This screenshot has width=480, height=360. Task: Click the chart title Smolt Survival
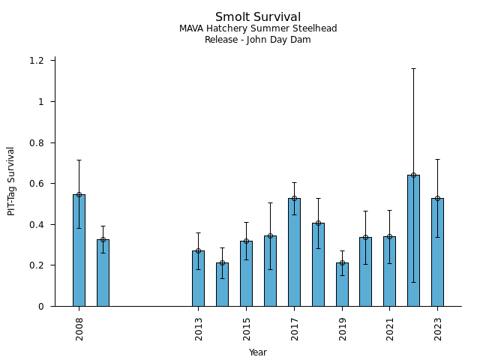pyautogui.click(x=258, y=17)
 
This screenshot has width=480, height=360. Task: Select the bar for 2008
pyautogui.click(x=79, y=250)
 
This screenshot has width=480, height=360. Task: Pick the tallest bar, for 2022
pyautogui.click(x=413, y=241)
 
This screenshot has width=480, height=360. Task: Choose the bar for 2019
pyautogui.click(x=342, y=284)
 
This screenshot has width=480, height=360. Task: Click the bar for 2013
pyautogui.click(x=198, y=278)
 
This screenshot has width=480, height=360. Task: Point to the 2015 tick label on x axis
pyautogui.click(x=247, y=328)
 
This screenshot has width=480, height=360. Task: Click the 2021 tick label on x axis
pyautogui.click(x=390, y=328)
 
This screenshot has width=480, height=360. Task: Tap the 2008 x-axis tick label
pyautogui.click(x=79, y=328)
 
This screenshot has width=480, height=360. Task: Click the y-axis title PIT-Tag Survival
pyautogui.click(x=12, y=181)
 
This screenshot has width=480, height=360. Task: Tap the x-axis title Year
pyautogui.click(x=258, y=352)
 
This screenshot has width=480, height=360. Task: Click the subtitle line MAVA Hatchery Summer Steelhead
pyautogui.click(x=258, y=29)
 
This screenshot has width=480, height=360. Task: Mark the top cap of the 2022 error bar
pyautogui.click(x=413, y=68)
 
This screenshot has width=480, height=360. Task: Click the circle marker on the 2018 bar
pyautogui.click(x=318, y=223)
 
